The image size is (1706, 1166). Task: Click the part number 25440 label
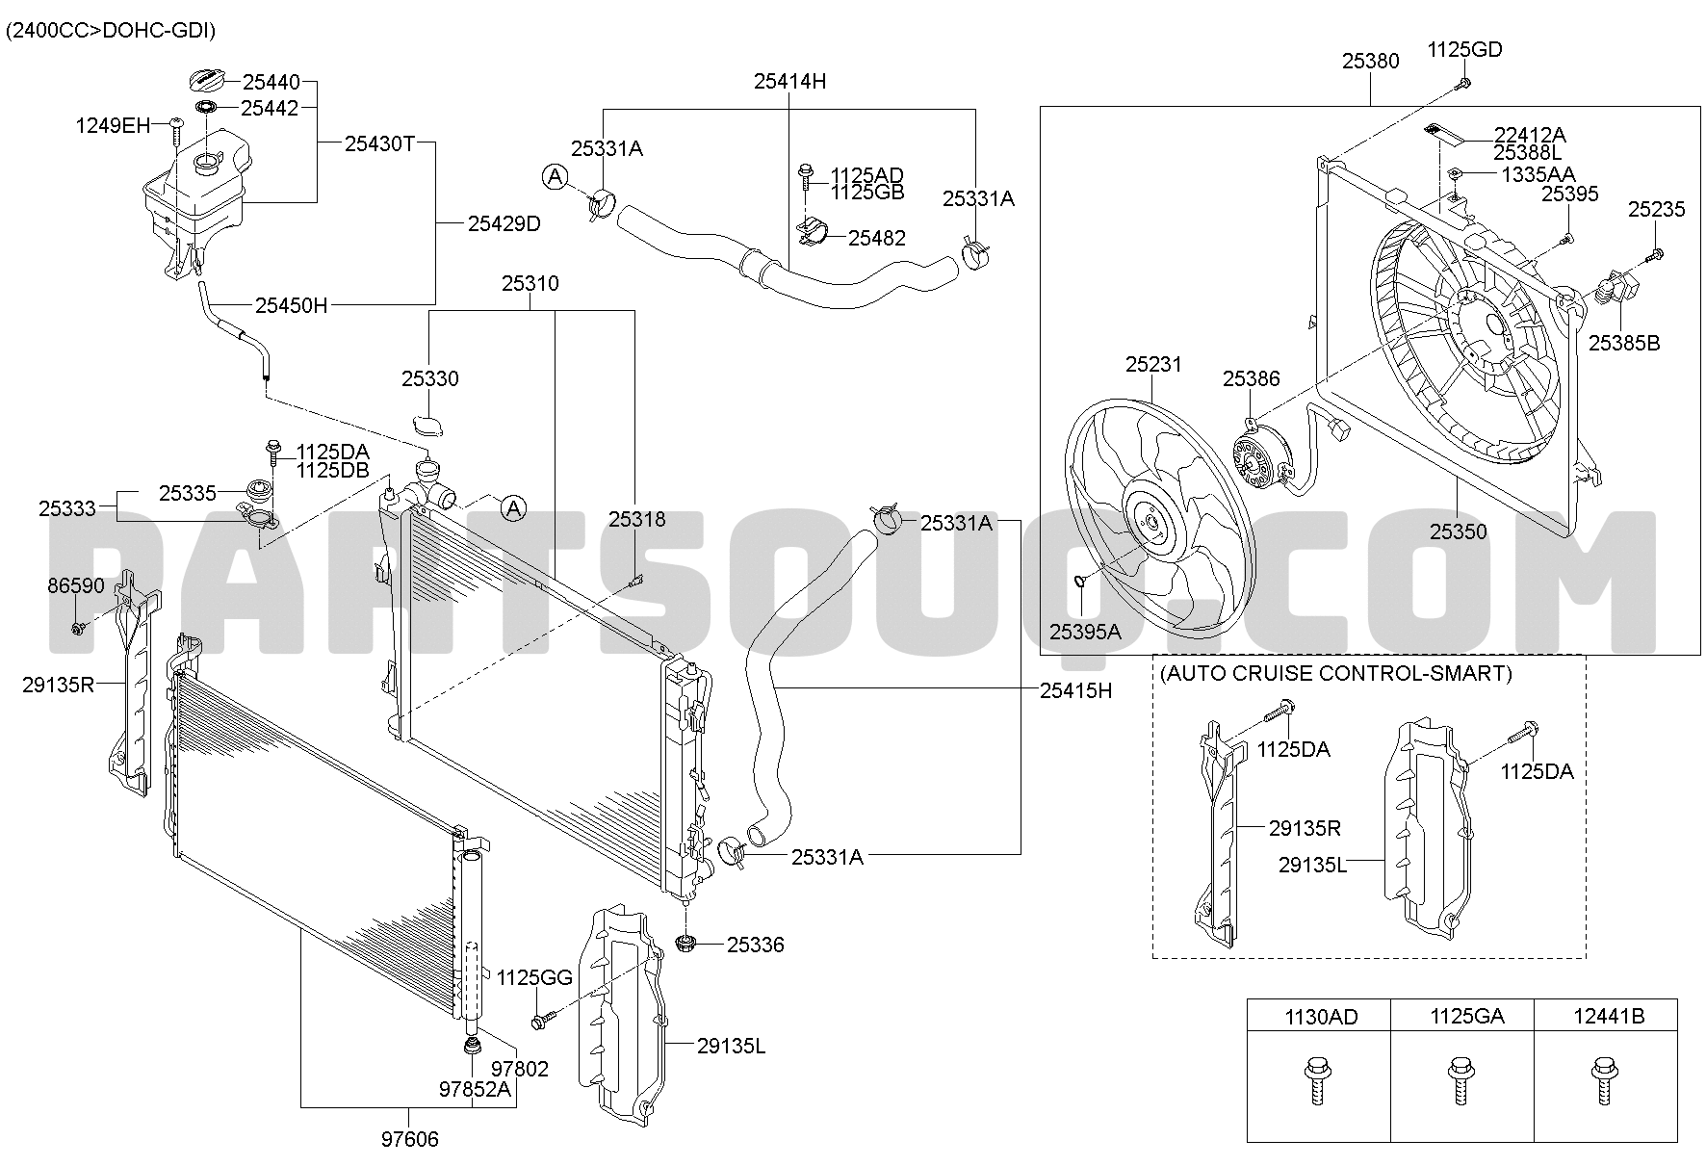click(271, 83)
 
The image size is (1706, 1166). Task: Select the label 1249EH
click(114, 125)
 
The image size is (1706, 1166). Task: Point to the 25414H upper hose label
click(789, 82)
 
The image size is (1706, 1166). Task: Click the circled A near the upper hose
click(555, 176)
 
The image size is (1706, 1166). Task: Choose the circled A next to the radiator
click(514, 507)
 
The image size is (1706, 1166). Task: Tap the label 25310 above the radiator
click(530, 284)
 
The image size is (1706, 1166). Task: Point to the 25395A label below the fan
click(1085, 632)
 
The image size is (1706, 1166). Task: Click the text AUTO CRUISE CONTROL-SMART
click(1335, 673)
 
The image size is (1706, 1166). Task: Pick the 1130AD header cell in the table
click(1319, 1016)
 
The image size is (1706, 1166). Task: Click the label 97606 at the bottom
click(409, 1140)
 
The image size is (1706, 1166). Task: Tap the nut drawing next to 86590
click(77, 629)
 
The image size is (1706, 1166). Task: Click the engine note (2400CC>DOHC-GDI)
click(111, 31)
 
